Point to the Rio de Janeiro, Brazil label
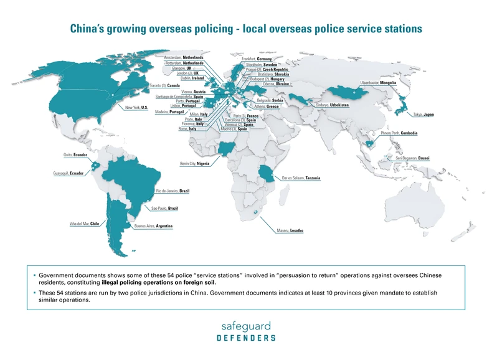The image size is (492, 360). click(x=173, y=190)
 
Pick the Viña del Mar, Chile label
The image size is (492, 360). click(x=84, y=224)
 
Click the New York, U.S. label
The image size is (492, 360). click(x=136, y=108)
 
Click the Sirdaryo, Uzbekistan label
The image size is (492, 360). click(x=333, y=105)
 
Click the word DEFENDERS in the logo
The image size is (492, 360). click(x=246, y=338)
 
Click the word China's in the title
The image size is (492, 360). click(x=93, y=29)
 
